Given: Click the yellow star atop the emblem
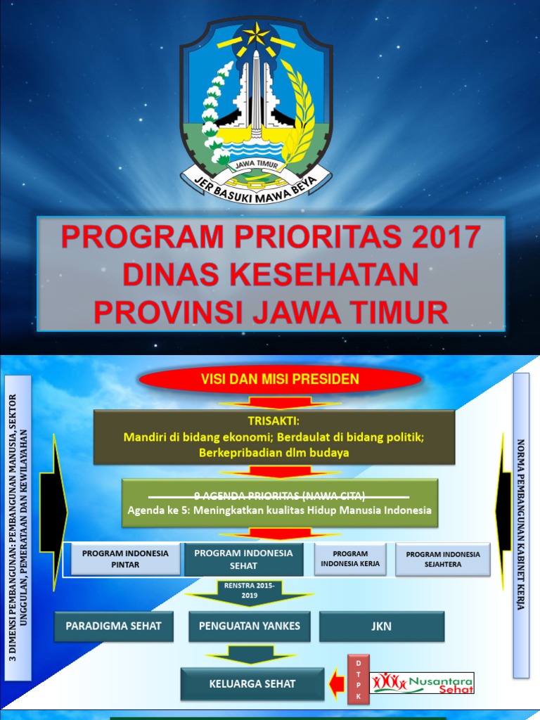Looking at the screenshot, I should tap(255, 33).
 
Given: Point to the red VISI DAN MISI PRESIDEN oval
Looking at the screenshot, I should tap(281, 380).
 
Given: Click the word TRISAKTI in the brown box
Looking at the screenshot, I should tap(274, 421).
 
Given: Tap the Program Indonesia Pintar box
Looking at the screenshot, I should tap(125, 559).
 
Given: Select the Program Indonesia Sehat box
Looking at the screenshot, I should tap(243, 559).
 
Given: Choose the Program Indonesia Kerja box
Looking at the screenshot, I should tap(350, 559).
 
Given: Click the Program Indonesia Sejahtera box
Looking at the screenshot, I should tap(442, 559).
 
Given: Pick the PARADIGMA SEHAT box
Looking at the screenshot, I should tap(114, 626).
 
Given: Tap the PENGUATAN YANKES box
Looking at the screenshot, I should tap(250, 626).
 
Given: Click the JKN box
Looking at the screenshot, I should tap(382, 626).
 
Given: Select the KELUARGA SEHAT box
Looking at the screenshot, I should tap(252, 683).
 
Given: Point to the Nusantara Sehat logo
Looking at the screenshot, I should tap(423, 683).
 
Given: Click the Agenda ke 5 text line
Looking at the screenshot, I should tap(279, 510).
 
